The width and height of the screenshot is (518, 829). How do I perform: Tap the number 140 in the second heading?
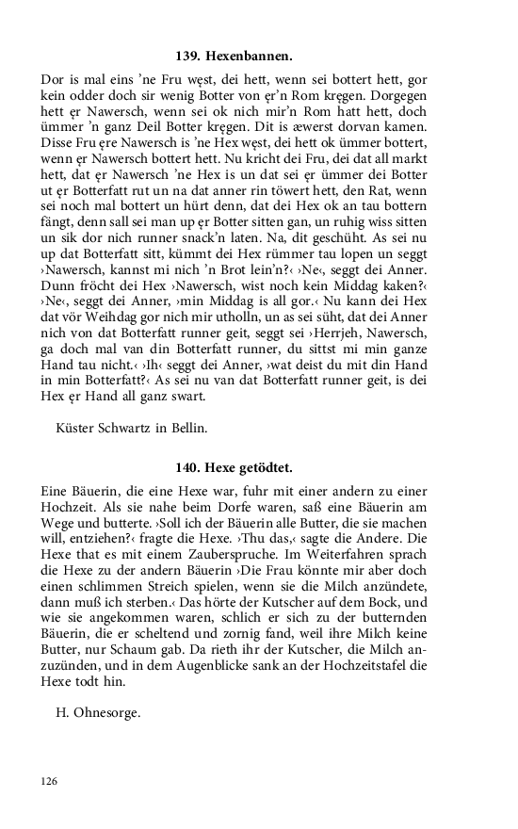click(x=188, y=466)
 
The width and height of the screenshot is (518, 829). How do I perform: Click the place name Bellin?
click(x=188, y=428)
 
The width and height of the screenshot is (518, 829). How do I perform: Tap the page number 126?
click(x=50, y=781)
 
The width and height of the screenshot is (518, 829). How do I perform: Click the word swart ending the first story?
click(x=185, y=397)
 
